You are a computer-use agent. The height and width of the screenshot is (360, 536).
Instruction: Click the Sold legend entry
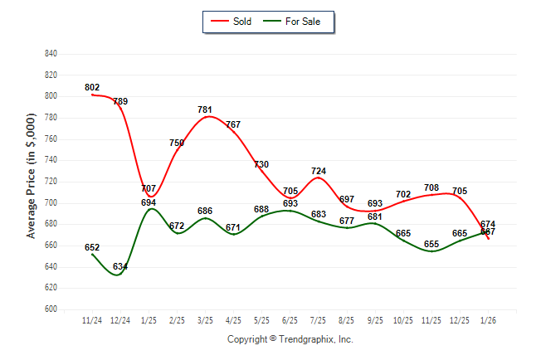click(236, 21)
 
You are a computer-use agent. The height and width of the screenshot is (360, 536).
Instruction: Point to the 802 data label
click(92, 87)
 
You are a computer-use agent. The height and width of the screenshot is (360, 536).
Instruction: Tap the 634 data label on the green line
click(120, 266)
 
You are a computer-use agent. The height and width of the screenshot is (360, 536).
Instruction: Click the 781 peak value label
click(206, 109)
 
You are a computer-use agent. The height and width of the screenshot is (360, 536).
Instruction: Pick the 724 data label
click(319, 171)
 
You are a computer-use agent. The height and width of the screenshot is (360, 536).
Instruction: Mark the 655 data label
click(431, 244)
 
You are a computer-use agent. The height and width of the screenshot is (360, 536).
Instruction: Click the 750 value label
click(177, 143)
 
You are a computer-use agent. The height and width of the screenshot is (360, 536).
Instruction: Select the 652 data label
click(92, 247)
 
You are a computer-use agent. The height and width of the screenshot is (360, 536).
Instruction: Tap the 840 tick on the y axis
click(51, 54)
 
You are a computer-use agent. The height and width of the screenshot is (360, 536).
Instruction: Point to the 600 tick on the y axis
click(51, 309)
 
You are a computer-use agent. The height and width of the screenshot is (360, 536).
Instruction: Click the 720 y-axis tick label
click(51, 182)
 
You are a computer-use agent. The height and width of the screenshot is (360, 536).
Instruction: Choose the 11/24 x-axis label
click(92, 319)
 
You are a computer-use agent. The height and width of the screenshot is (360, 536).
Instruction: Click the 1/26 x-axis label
click(488, 319)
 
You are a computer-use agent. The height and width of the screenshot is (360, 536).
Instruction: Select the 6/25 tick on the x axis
click(290, 319)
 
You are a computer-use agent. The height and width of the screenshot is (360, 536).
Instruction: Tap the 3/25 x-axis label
click(206, 319)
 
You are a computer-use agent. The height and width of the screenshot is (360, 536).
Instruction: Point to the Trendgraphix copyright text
click(290, 339)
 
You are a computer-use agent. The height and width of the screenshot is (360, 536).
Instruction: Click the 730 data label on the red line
click(262, 164)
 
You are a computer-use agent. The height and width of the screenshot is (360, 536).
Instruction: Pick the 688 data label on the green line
click(262, 209)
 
